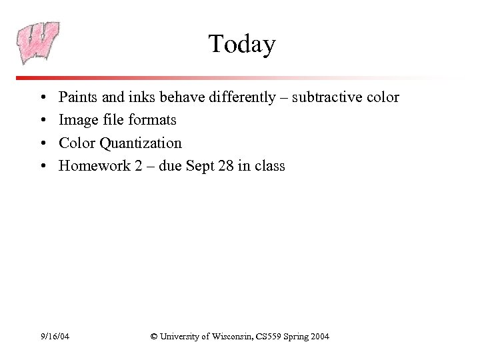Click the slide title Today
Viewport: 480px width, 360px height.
click(x=241, y=45)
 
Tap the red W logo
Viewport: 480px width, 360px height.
click(x=39, y=42)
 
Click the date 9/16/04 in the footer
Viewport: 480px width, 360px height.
click(x=54, y=337)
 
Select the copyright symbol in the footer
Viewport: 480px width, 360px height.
click(x=154, y=337)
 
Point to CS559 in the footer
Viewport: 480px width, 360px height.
click(x=269, y=337)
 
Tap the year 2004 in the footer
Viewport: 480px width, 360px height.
click(x=319, y=337)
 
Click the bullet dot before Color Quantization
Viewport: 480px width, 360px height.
click(x=42, y=143)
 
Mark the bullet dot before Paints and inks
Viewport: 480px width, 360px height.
click(x=42, y=98)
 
